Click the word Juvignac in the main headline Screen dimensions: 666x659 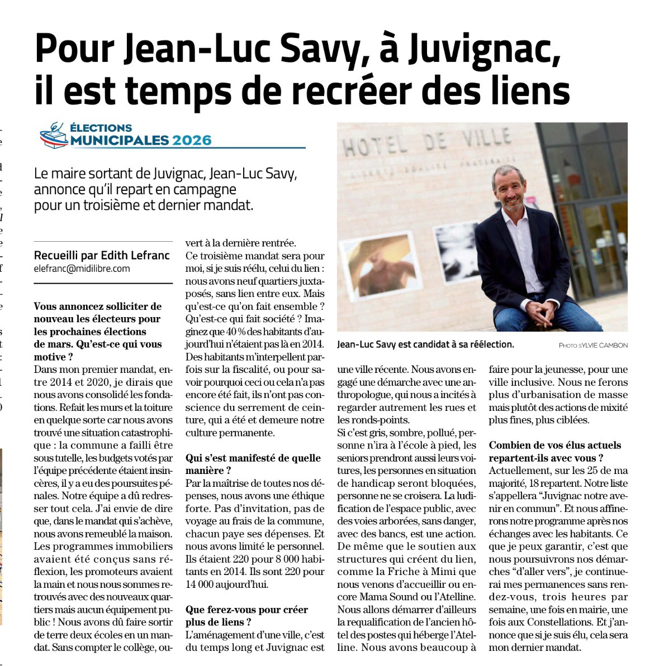tap(483, 50)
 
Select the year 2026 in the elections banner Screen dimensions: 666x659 tap(192, 140)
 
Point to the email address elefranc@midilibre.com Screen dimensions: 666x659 tap(82, 269)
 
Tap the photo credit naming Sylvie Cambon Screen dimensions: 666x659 tap(593, 346)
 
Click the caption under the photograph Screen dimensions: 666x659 tap(425, 345)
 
